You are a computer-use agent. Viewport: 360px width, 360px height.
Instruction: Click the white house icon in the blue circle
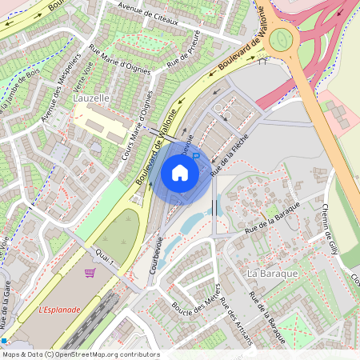click(x=180, y=172)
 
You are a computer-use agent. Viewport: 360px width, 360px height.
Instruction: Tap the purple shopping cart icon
click(x=90, y=273)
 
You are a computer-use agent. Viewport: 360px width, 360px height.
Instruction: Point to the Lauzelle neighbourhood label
click(x=90, y=97)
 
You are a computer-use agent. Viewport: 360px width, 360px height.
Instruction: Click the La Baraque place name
click(x=273, y=274)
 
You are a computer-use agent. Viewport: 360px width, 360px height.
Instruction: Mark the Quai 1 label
click(x=106, y=257)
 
